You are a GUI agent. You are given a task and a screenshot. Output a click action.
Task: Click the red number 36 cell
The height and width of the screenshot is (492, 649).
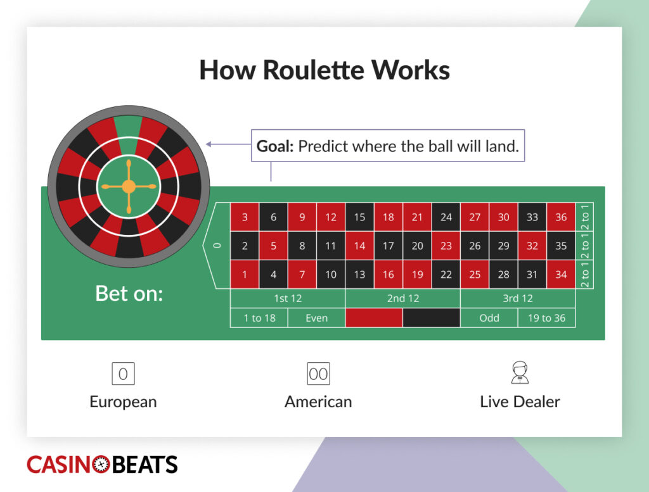[561, 217]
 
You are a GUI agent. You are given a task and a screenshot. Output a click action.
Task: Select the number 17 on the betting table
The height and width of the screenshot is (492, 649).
[389, 246]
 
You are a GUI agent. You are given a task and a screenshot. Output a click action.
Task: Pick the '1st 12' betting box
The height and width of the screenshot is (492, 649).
[287, 298]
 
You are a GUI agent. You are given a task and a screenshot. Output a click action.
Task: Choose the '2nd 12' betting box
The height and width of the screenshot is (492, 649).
[402, 298]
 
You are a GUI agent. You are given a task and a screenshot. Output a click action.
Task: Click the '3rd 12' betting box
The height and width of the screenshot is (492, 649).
[518, 298]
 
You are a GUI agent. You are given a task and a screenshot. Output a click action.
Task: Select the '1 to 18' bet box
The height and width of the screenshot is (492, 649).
[259, 318]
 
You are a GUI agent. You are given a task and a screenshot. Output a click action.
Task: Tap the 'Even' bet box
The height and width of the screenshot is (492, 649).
[316, 318]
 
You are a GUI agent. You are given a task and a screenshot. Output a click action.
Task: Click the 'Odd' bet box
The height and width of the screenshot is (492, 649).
[489, 318]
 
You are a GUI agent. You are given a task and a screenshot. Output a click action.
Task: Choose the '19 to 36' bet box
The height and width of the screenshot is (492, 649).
[546, 318]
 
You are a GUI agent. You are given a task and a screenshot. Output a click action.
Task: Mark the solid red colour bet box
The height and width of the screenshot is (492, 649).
[374, 318]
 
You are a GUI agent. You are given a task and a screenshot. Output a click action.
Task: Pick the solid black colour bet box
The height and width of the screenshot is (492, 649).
[432, 318]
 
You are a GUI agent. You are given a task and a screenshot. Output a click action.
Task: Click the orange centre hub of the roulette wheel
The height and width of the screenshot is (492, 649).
[129, 186]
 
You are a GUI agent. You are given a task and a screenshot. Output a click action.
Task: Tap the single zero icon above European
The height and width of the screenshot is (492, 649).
[123, 374]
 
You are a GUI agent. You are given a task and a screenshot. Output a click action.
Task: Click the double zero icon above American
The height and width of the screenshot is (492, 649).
[318, 374]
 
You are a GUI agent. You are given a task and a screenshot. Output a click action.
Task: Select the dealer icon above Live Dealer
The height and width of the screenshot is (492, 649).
[520, 373]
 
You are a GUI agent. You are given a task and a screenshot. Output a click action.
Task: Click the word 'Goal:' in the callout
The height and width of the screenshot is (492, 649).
[275, 146]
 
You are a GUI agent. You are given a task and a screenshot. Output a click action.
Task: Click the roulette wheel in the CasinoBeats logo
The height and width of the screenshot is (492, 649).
[102, 464]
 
